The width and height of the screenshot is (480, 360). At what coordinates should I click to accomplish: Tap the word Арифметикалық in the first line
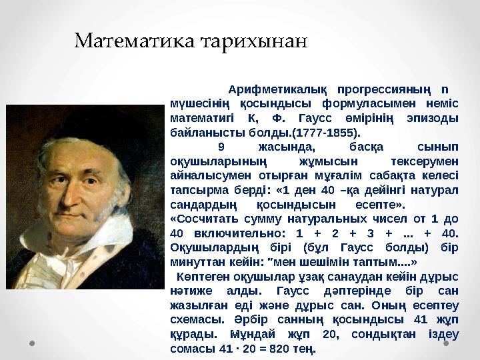(x=277, y=89)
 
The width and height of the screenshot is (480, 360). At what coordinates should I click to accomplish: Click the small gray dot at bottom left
(x=31, y=344)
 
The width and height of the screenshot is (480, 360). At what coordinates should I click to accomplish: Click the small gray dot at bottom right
(x=447, y=344)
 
